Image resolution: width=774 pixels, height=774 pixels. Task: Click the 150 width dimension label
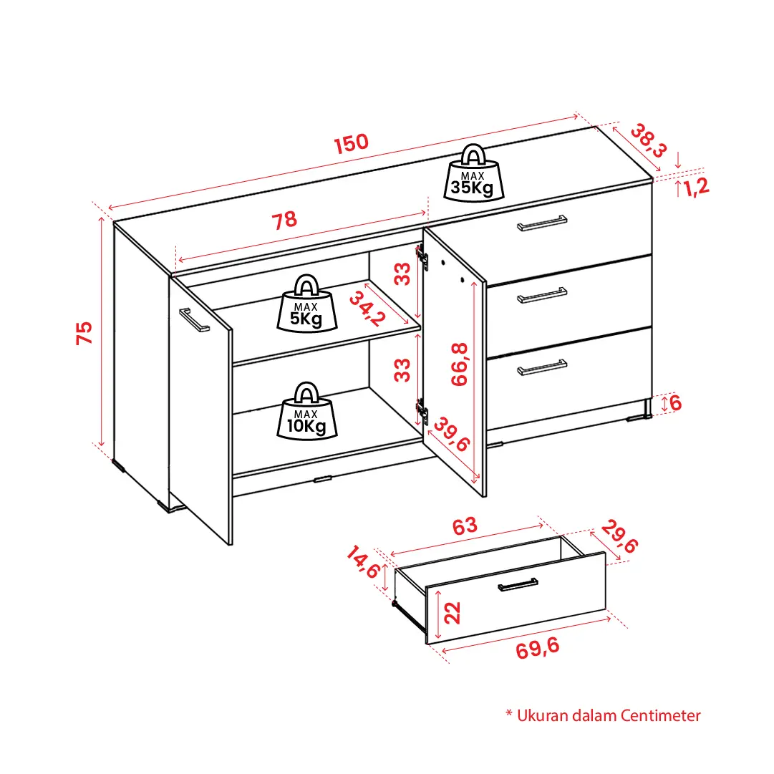click(x=351, y=143)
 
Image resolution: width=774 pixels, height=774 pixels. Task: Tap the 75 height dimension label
click(x=84, y=333)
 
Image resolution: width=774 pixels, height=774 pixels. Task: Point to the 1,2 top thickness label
click(x=696, y=187)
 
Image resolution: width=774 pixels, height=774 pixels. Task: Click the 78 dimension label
click(x=284, y=220)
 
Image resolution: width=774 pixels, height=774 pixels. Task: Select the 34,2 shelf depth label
click(x=367, y=309)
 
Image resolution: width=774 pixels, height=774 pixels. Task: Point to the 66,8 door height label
click(x=459, y=364)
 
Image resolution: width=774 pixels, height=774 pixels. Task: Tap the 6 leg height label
click(x=675, y=403)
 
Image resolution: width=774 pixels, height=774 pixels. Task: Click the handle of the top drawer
click(x=542, y=223)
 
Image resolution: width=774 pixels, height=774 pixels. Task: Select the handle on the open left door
click(x=194, y=320)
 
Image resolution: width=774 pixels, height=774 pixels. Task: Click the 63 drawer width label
click(x=465, y=526)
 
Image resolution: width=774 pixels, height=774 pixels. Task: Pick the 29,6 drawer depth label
click(x=619, y=536)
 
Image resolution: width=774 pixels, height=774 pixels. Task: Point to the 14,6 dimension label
click(x=363, y=562)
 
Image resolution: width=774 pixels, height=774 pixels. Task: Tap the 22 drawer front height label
click(x=453, y=613)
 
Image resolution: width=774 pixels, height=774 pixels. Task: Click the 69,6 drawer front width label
click(x=538, y=648)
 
